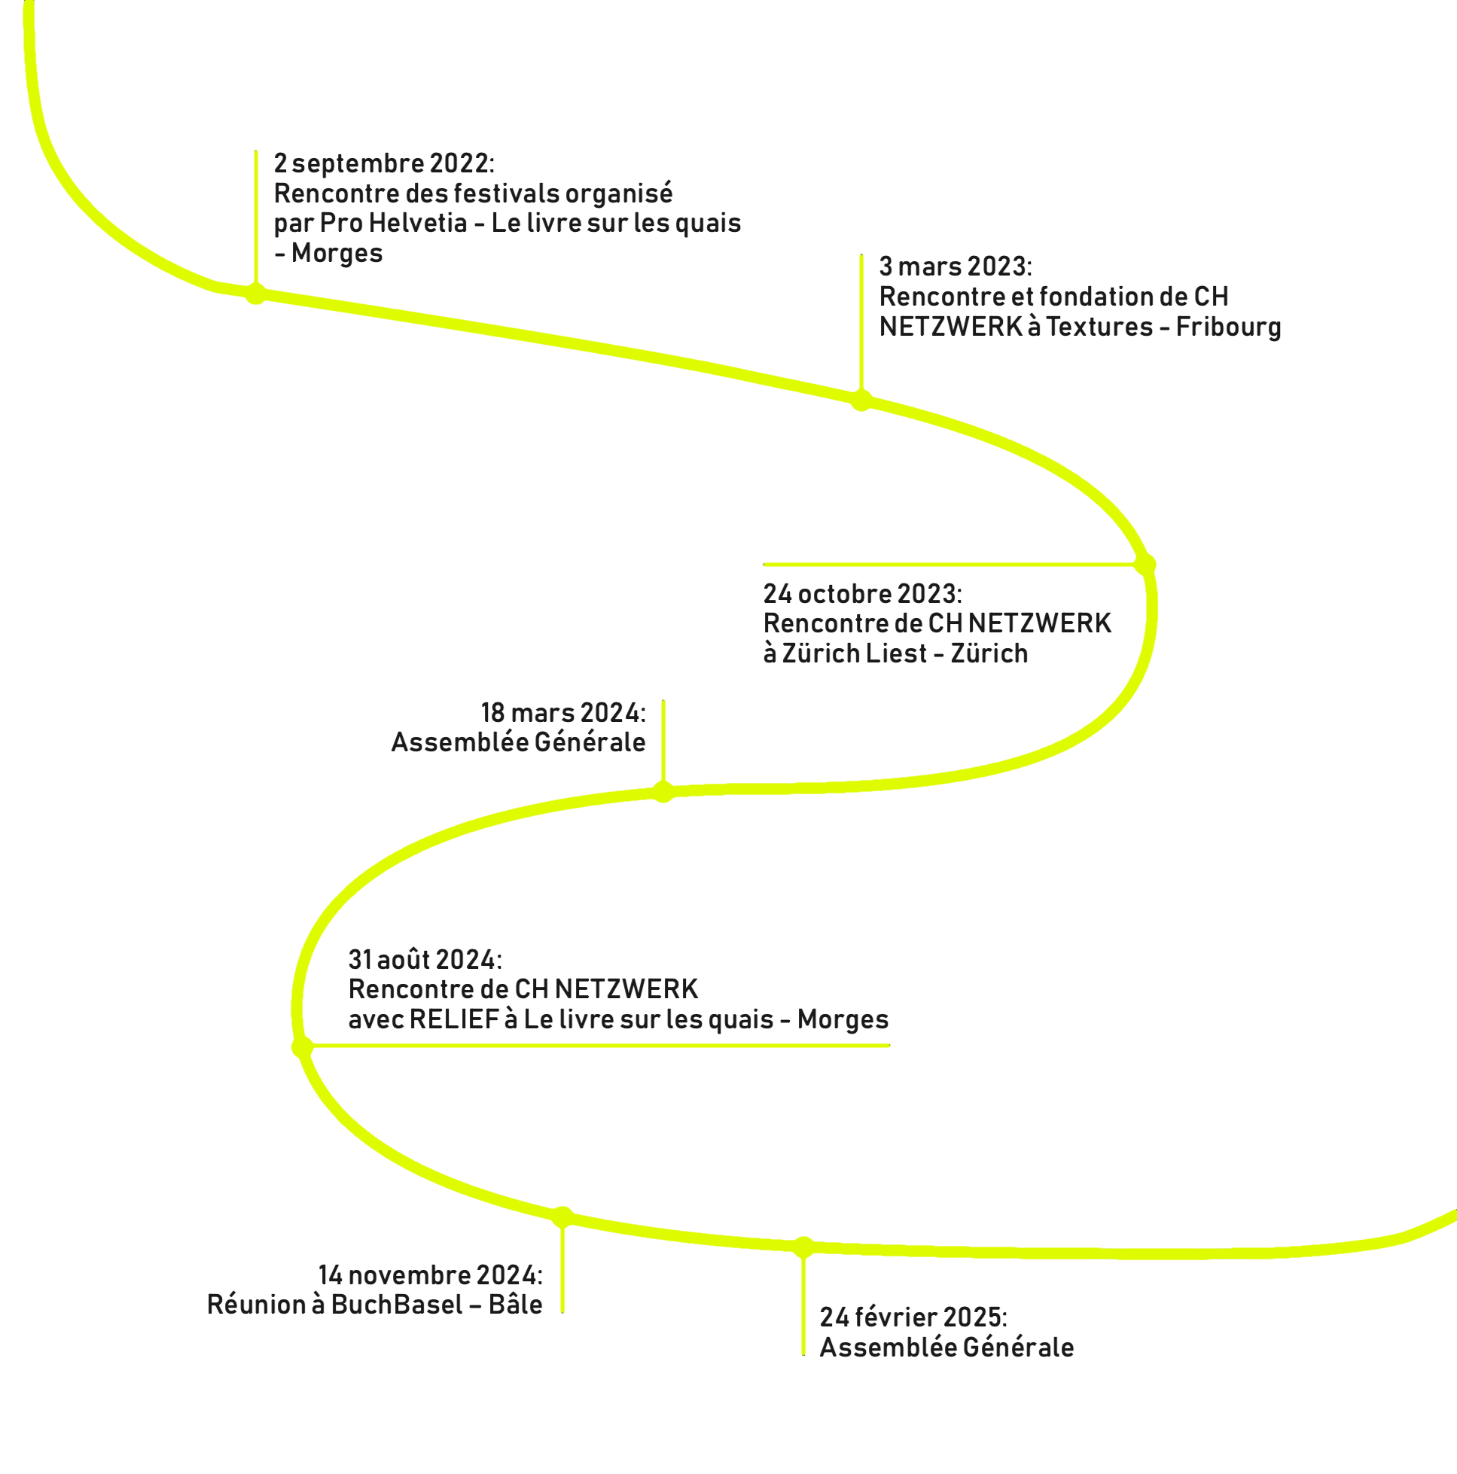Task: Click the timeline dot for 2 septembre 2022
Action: click(x=256, y=293)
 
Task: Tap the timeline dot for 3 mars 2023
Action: click(x=861, y=400)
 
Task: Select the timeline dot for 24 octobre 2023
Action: click(x=1145, y=565)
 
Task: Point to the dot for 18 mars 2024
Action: click(x=663, y=792)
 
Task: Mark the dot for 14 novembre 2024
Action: click(x=562, y=1217)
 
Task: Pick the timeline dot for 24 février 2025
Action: click(x=803, y=1247)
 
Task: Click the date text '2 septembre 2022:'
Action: click(x=385, y=163)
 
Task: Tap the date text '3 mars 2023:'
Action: click(x=956, y=266)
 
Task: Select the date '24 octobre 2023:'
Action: click(x=863, y=593)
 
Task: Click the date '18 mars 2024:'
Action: click(x=563, y=713)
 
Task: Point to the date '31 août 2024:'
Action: click(x=425, y=959)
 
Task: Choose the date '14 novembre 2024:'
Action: click(x=431, y=1275)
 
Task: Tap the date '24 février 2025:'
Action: click(x=913, y=1317)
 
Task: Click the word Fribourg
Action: click(x=1228, y=327)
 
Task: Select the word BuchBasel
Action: click(x=397, y=1305)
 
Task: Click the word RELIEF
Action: click(x=454, y=1019)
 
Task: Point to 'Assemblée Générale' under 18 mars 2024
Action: click(x=518, y=742)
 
